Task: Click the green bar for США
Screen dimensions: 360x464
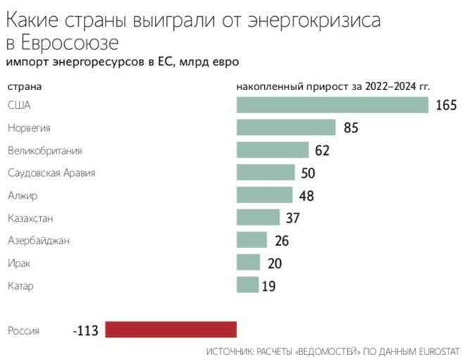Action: coord(332,105)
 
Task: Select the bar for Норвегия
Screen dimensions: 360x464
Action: coord(286,128)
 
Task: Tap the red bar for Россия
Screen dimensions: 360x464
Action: coord(171,330)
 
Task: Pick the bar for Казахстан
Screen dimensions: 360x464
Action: coord(258,218)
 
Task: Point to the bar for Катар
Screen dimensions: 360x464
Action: coord(248,285)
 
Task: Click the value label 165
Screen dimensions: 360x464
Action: coord(446,106)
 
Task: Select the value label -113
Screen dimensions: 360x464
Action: coord(87,330)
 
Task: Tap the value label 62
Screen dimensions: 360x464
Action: coord(322,151)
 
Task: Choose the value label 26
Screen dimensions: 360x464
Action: coord(282,241)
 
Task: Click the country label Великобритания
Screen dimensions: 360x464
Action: coord(45,151)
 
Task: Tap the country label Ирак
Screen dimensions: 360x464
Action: coord(18,263)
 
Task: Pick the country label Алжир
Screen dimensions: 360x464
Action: coord(22,195)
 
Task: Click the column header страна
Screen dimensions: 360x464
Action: coord(24,87)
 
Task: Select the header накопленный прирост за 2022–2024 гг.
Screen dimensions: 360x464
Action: coord(333,87)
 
